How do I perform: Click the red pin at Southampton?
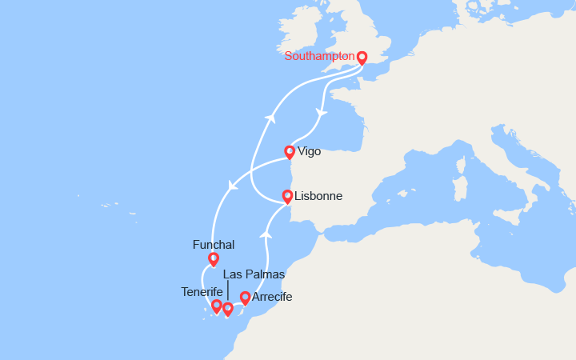click(362, 58)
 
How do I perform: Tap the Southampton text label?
click(319, 57)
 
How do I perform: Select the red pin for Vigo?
click(290, 151)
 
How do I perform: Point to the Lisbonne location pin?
click(287, 196)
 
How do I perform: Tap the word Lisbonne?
click(318, 196)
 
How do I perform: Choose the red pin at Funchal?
click(214, 258)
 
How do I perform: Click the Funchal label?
click(214, 244)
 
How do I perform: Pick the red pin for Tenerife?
click(216, 306)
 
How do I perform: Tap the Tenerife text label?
click(202, 291)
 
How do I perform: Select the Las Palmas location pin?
click(228, 309)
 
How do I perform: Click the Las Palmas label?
click(254, 274)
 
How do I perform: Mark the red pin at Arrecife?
click(245, 298)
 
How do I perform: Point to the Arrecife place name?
click(272, 297)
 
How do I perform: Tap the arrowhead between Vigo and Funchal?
click(234, 186)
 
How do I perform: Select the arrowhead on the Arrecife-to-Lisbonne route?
click(267, 235)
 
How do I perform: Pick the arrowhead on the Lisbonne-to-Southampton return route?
click(271, 118)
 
